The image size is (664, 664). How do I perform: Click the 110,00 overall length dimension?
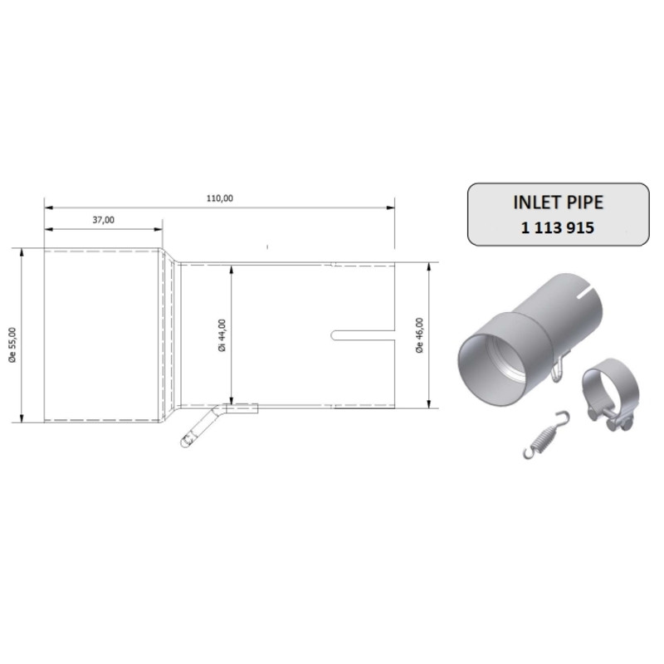click(x=220, y=198)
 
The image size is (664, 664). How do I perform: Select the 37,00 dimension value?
click(x=103, y=219)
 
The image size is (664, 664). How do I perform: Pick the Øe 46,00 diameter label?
click(x=420, y=335)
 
